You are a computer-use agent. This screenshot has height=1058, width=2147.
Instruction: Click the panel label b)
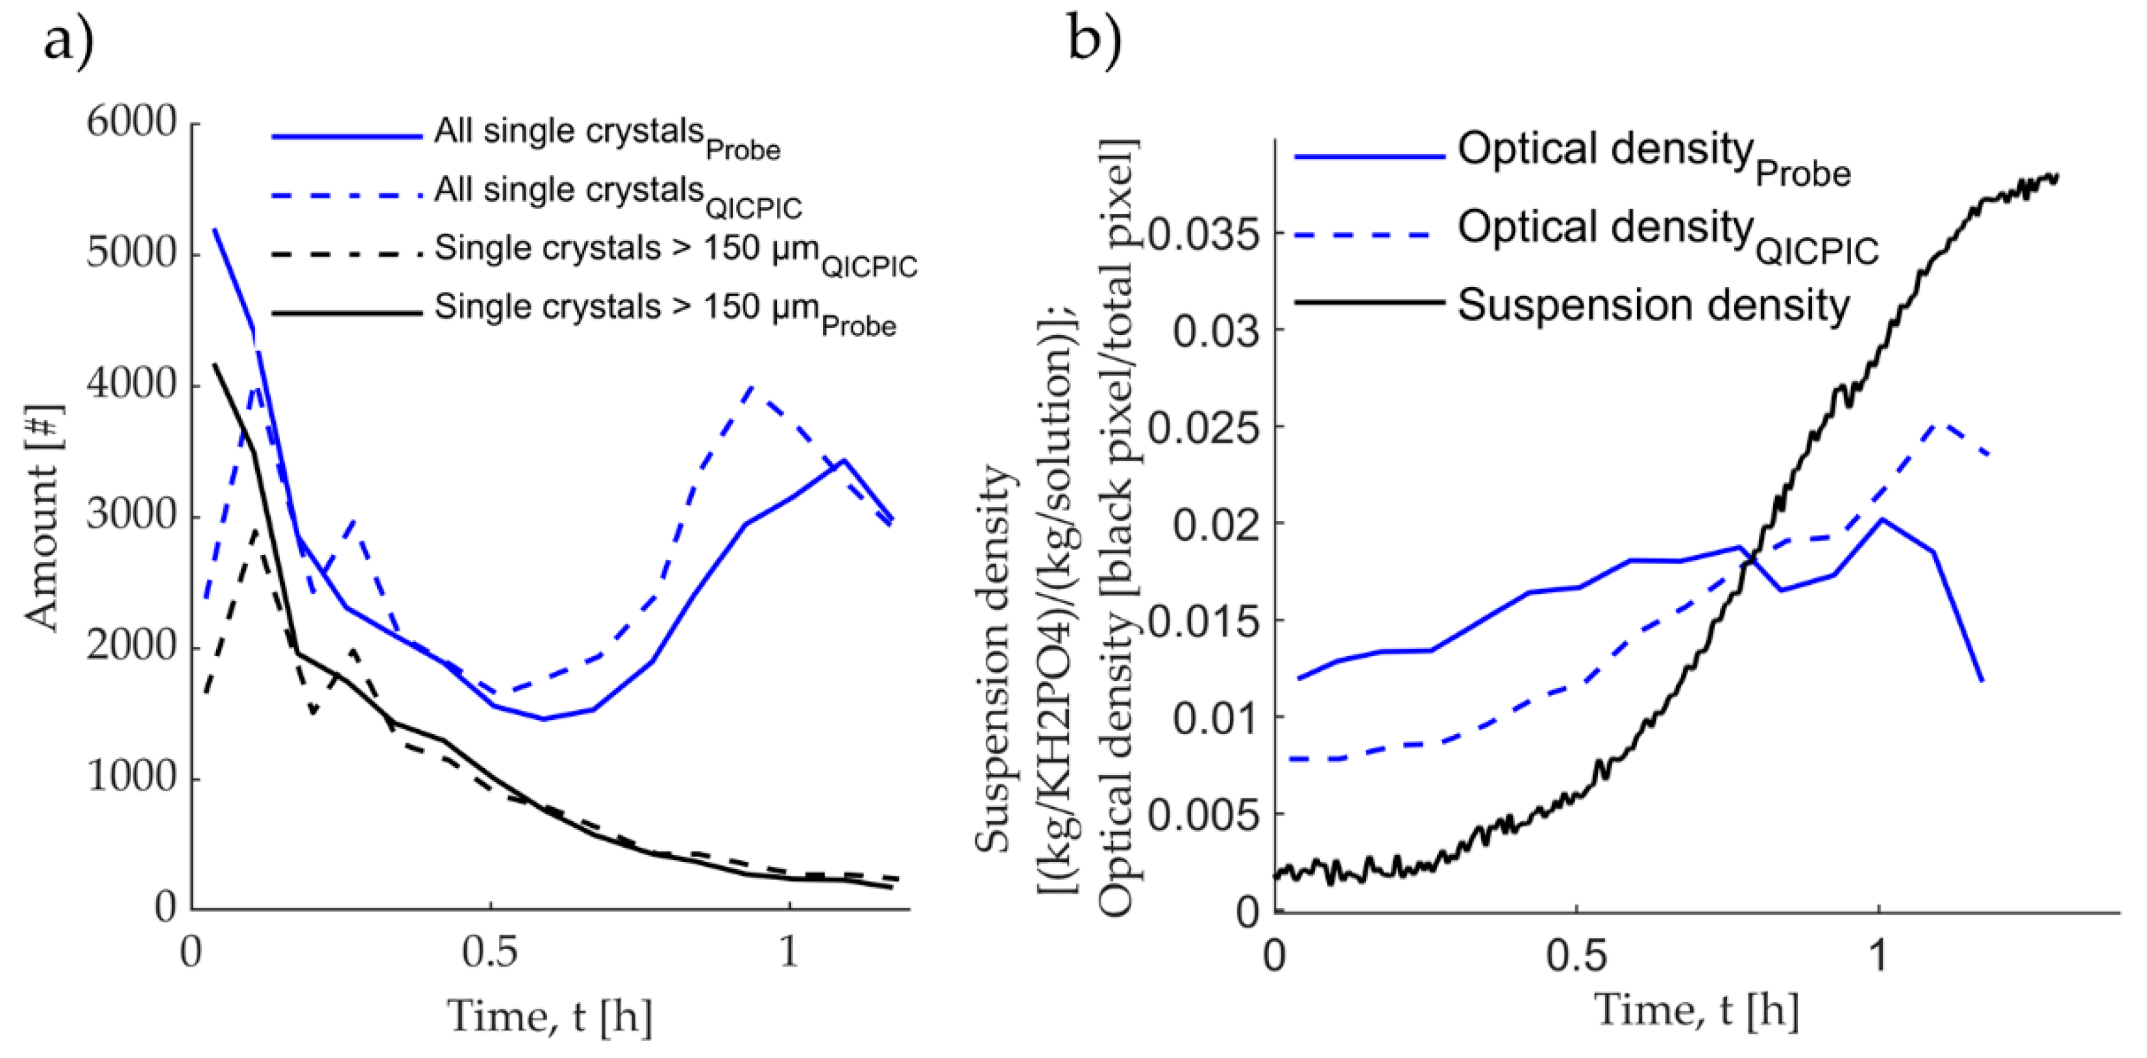click(x=1094, y=38)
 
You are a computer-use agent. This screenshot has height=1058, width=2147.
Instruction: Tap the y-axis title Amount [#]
click(x=43, y=517)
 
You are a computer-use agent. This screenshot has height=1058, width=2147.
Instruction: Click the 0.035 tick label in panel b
click(x=1203, y=235)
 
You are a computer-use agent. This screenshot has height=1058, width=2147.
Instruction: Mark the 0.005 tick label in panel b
click(x=1203, y=815)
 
